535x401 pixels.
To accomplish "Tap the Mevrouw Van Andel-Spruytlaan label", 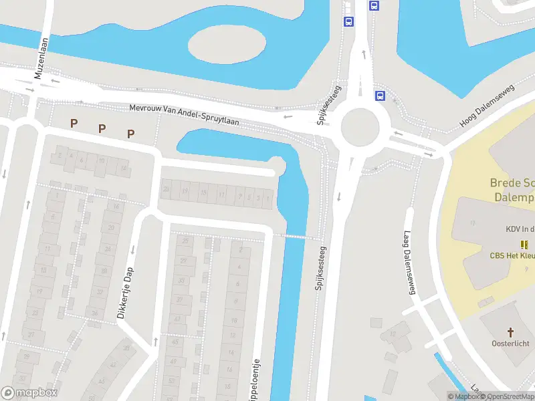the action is coord(184,114).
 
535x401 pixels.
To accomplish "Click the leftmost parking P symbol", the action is coord(74,123).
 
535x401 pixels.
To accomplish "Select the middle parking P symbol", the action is coord(102,128).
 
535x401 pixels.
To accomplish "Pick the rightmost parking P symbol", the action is coord(131,134).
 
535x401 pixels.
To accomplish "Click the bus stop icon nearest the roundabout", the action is coord(380,96).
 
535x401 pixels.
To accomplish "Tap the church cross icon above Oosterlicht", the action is coord(510,332).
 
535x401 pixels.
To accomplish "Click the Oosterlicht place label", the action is coord(510,344).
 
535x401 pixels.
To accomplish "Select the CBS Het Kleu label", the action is coord(512,255).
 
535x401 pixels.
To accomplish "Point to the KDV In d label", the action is coord(520,229).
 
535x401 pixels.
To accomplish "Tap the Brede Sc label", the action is coord(512,182).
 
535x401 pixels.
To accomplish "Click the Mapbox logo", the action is coord(29,393).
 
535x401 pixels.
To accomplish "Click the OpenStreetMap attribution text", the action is coord(506,396).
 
